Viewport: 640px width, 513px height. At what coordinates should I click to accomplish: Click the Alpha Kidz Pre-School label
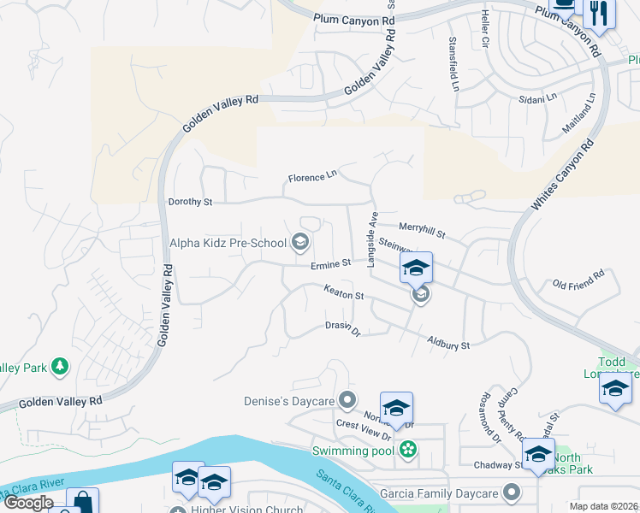click(x=228, y=243)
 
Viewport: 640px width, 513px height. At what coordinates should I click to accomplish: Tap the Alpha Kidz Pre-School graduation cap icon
click(x=300, y=243)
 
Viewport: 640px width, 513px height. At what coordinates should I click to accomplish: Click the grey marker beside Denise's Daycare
click(x=347, y=399)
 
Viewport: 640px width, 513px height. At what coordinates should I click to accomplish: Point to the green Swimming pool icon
click(x=409, y=450)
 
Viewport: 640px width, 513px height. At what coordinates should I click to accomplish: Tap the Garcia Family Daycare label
click(x=439, y=493)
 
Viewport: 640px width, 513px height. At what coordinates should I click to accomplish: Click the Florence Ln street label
click(x=312, y=177)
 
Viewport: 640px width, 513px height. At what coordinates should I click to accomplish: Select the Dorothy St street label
click(x=190, y=202)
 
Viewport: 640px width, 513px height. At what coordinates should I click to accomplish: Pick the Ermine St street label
click(x=330, y=263)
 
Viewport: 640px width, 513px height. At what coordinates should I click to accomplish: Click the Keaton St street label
click(x=344, y=292)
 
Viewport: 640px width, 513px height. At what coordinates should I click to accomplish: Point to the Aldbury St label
click(x=449, y=344)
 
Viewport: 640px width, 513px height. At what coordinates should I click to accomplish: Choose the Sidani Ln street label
click(x=538, y=99)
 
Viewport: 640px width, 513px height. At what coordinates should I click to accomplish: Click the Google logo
click(x=27, y=503)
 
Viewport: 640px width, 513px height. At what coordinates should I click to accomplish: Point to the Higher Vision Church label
click(x=247, y=510)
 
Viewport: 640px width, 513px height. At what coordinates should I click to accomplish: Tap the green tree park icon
click(x=59, y=368)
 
